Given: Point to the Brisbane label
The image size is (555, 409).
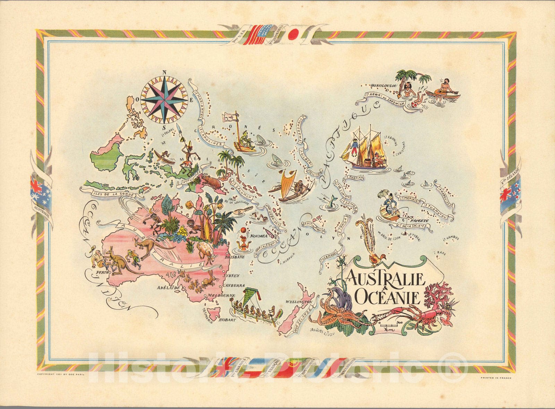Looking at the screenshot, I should [235, 257].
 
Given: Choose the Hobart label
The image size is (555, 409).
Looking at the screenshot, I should [227, 319].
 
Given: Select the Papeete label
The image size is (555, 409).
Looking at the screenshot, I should [419, 220].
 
